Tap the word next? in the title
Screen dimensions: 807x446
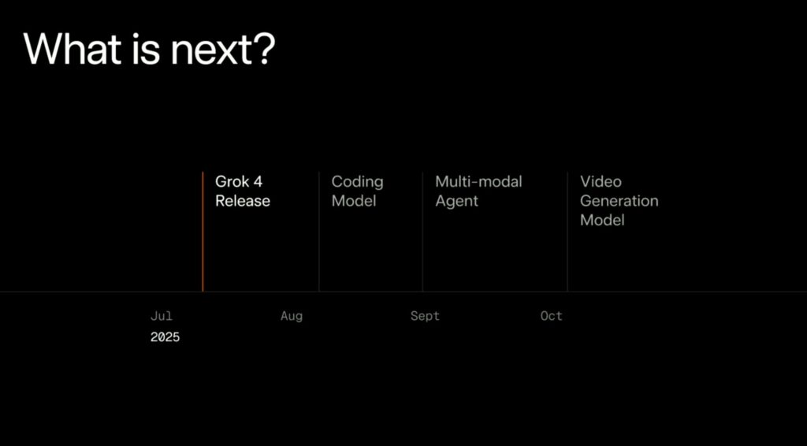coord(223,50)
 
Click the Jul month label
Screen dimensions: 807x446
coord(162,316)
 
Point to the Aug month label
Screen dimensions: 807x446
coord(292,316)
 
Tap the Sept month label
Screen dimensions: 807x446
coord(425,316)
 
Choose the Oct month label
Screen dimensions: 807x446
coord(551,316)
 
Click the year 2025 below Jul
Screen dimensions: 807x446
coord(165,337)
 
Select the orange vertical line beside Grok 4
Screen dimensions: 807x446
coord(203,232)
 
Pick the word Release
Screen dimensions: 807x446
coord(243,201)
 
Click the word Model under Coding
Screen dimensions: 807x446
coord(354,201)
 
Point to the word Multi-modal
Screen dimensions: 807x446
coord(478,181)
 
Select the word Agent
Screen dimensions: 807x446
coord(456,202)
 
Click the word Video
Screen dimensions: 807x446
coord(601,181)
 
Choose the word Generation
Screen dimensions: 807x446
coord(619,201)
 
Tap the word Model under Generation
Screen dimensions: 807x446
coord(602,220)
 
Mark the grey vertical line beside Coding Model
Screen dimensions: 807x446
coord(319,232)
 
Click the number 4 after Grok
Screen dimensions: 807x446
coord(258,181)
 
